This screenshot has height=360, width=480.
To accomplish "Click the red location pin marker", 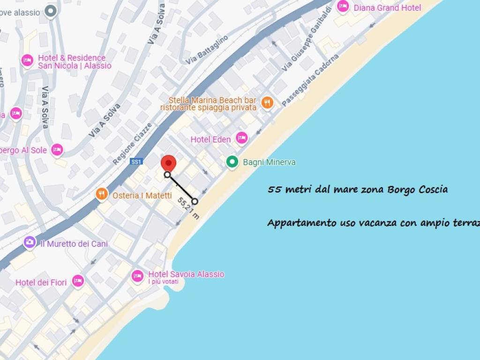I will point(168,163).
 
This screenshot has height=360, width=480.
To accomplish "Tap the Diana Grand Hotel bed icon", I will point(343,7).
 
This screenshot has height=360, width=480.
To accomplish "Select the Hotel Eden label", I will point(210,139).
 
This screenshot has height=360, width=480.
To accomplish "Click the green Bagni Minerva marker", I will point(232,162).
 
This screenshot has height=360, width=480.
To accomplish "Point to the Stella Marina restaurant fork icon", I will point(267,103).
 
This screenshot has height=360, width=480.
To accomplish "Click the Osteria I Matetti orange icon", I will point(102,194).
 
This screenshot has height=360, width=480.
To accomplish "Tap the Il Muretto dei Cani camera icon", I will point(30,242).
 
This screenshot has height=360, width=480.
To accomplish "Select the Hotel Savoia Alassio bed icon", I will point(137,276).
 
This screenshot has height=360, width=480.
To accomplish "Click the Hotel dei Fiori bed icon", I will point(78,281).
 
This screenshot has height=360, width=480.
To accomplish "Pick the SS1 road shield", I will point(136,162).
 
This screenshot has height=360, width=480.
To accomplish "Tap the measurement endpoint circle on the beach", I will point(195,201).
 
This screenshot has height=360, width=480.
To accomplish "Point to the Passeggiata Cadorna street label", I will point(310,80).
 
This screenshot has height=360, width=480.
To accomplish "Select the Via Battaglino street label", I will point(207,49).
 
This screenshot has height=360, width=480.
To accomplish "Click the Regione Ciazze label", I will point(133,143).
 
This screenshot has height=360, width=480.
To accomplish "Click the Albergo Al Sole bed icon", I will point(57,150).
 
